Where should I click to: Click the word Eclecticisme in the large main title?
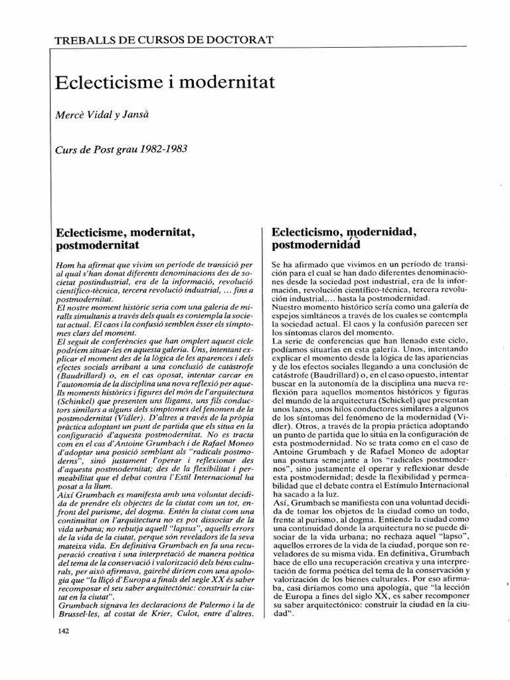[106, 84]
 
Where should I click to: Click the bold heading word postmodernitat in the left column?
[100, 245]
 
